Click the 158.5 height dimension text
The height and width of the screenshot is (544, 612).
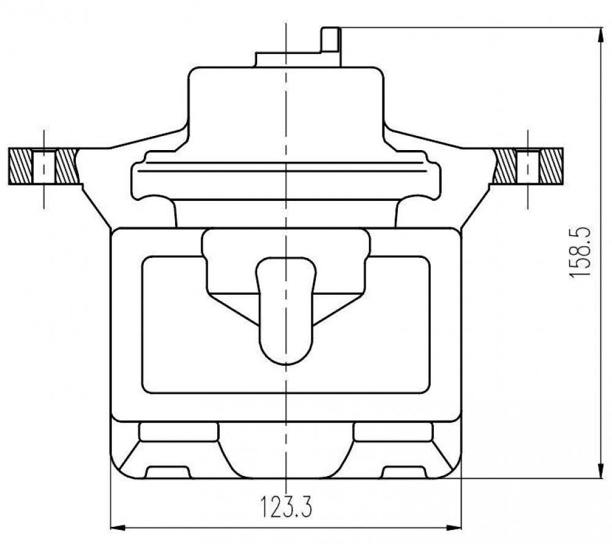point(580,252)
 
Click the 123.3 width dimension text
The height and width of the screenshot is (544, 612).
point(286,507)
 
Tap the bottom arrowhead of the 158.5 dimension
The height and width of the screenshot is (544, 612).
point(600,470)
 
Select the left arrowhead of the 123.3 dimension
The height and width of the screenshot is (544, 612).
point(118,527)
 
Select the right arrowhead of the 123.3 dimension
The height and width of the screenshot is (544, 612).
point(454,527)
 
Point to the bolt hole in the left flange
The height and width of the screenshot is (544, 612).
point(43,167)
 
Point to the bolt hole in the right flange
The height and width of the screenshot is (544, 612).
point(528,167)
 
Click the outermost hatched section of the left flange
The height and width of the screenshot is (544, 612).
point(20,167)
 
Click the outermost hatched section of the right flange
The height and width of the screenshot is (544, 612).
point(551,167)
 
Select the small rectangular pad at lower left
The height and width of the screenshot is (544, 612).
point(178,432)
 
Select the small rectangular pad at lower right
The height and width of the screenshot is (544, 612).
point(393,432)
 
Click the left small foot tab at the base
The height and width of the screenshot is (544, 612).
point(168,472)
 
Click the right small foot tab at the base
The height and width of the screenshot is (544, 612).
point(405,472)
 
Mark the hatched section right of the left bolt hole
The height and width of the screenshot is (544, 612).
point(67,167)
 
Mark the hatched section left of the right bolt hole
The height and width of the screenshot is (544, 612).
point(505,167)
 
